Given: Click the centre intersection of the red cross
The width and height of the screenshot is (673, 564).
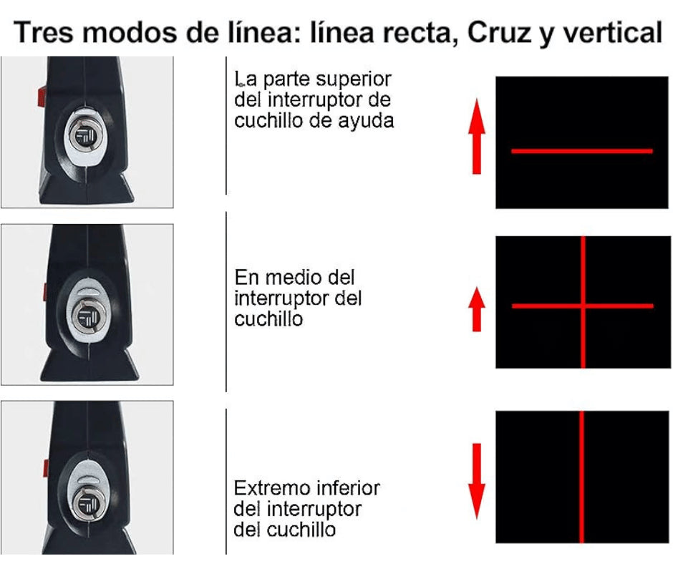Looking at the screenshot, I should [584, 306].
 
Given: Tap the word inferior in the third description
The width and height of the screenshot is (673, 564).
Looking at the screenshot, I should [347, 490].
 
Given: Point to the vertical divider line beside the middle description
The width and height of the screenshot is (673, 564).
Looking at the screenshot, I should [226, 301].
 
